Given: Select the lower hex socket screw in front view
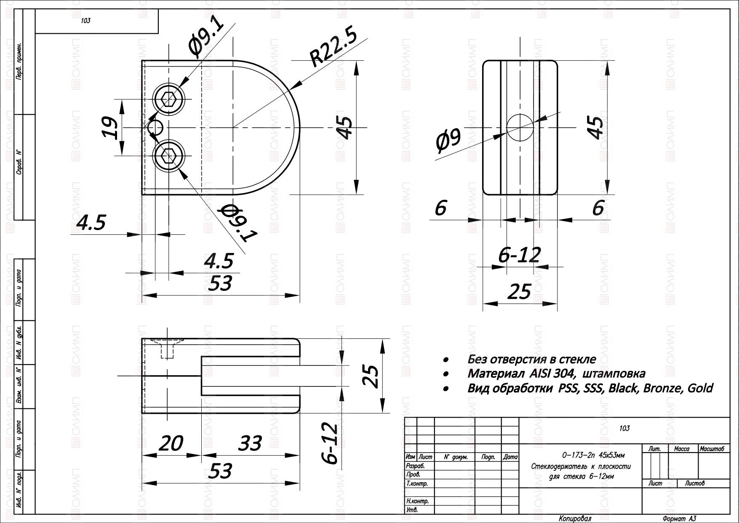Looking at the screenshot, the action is [x=169, y=156].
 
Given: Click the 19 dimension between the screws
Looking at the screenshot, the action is [x=110, y=127].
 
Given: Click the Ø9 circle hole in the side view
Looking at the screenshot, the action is [x=520, y=127].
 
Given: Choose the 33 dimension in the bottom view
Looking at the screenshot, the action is [x=250, y=443].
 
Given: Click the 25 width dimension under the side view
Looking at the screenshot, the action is [x=520, y=291].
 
